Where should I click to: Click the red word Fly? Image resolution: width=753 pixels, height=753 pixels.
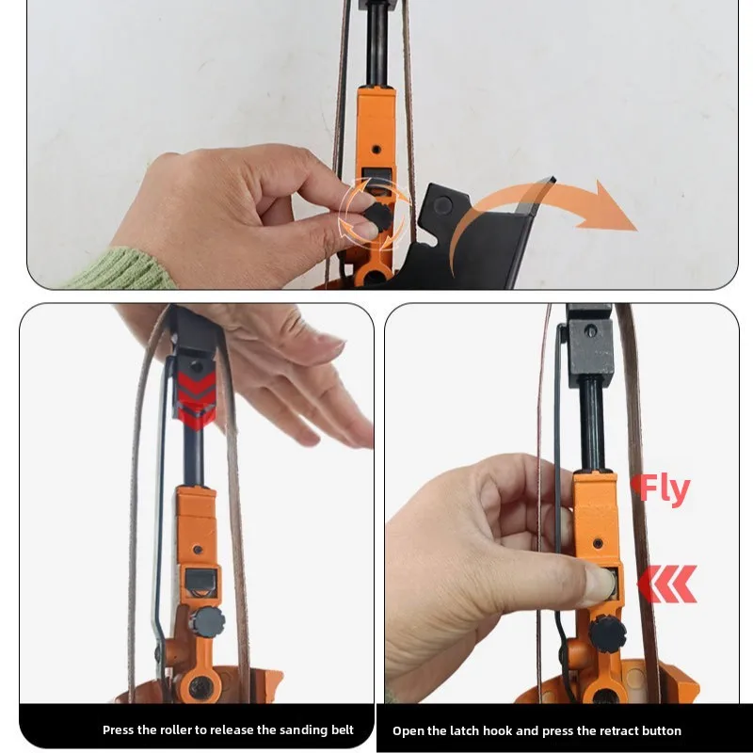(x=661, y=489)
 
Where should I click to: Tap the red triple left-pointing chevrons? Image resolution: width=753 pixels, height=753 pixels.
(x=666, y=584)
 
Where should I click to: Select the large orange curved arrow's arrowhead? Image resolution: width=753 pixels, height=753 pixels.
(x=609, y=206)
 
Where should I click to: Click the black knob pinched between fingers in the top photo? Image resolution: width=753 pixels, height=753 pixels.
(x=377, y=217)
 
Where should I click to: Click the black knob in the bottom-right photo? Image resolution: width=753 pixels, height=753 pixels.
(x=607, y=633)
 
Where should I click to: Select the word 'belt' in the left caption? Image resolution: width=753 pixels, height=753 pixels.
(x=343, y=730)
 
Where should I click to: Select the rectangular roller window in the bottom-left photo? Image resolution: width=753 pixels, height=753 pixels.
(x=200, y=581)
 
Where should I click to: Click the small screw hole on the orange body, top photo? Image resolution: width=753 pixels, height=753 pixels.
(x=376, y=150)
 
